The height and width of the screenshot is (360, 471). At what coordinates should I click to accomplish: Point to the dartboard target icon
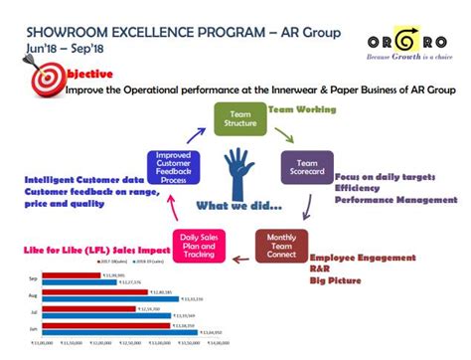(45, 80)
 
